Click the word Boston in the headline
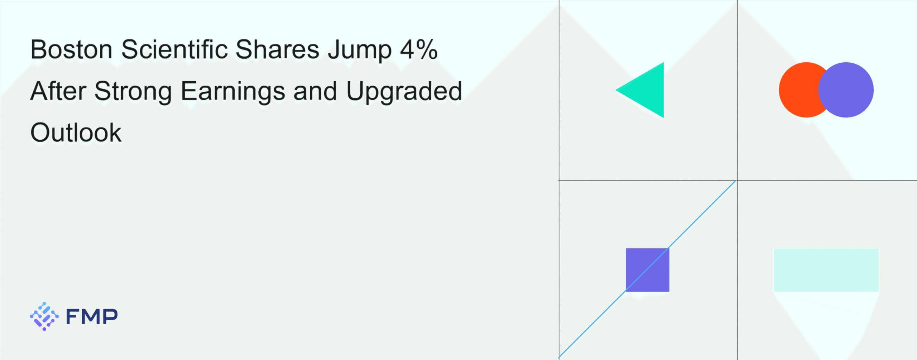72,49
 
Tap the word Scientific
174,49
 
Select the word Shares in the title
278,49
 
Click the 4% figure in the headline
419,49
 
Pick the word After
58,91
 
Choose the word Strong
133,92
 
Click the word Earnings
233,92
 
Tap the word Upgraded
404,92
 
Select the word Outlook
76,133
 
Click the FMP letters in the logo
92,316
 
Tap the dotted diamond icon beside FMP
44,316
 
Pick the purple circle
846,90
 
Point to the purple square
648,270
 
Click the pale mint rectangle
826,270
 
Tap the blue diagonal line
648,269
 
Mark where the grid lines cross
737,180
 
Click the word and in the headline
315,91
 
